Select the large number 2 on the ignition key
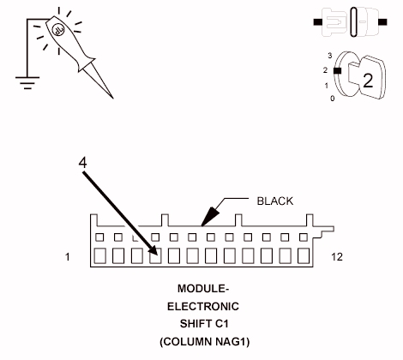pyautogui.click(x=367, y=81)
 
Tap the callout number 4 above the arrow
pyautogui.click(x=83, y=161)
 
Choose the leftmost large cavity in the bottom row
pyautogui.click(x=99, y=255)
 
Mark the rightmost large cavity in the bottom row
pyautogui.click(x=304, y=255)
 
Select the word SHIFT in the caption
pyautogui.click(x=194, y=323)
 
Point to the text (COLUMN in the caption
pyautogui.click(x=183, y=340)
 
